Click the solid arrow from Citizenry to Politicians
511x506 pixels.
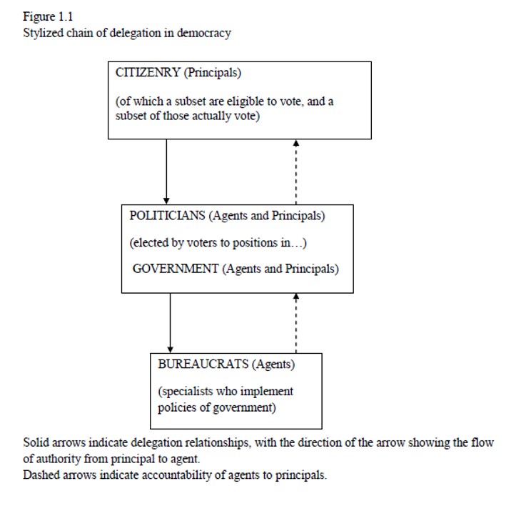click(166, 172)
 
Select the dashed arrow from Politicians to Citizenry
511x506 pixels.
click(296, 172)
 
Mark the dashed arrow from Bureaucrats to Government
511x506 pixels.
click(296, 323)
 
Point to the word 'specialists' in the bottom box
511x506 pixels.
click(186, 392)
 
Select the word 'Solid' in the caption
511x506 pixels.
click(36, 443)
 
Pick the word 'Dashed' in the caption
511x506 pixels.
click(40, 475)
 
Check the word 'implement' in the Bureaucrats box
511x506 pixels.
click(266, 392)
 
